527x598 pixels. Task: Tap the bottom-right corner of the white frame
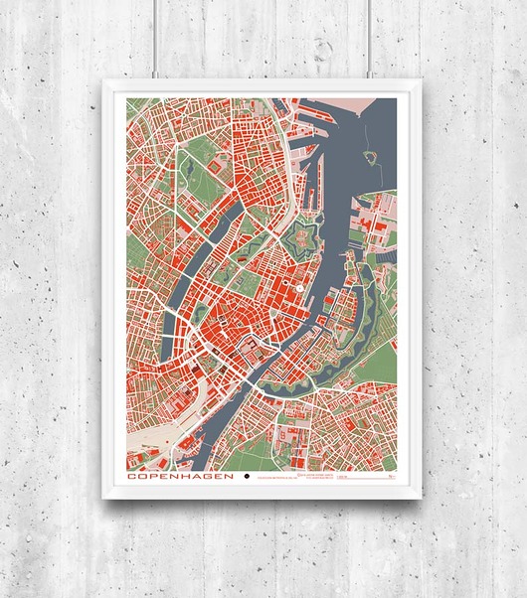424,502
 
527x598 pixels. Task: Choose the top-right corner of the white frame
424,83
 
